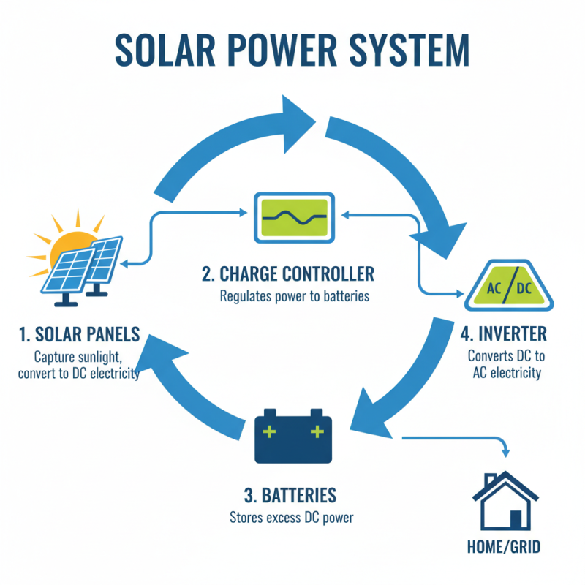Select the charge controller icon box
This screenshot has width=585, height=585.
point(294,216)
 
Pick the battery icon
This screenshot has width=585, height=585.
point(293,436)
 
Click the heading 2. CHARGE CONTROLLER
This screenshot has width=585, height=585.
point(287,275)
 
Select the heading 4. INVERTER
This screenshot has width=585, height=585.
point(504,334)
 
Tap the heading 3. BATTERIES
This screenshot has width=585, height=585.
point(290,496)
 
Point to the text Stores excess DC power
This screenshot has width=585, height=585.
point(290,519)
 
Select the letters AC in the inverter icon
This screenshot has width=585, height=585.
point(495,289)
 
